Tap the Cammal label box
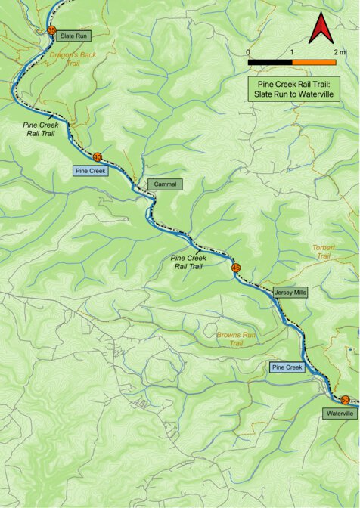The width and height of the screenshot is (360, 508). (165, 184)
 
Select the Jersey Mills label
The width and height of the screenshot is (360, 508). (290, 292)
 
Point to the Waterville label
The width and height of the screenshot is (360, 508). (339, 414)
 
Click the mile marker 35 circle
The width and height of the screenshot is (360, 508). (51, 30)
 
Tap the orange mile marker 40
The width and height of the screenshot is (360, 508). (97, 156)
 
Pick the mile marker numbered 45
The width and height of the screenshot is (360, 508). (236, 268)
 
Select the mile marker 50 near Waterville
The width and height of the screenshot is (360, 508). (345, 400)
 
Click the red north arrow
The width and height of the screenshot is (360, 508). (318, 29)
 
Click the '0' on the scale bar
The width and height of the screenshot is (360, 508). (249, 51)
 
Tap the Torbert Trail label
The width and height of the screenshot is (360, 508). (322, 252)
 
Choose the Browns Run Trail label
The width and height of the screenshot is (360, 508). (237, 339)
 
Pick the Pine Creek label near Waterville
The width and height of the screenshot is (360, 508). (287, 367)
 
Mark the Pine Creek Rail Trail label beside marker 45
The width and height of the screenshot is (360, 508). (188, 262)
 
